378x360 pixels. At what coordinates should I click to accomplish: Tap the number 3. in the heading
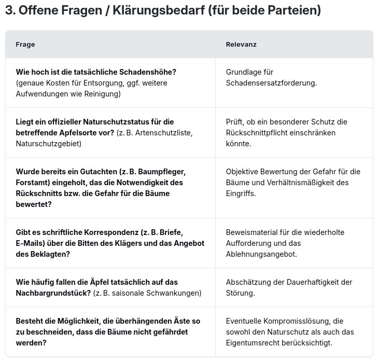pyautogui.click(x=10, y=11)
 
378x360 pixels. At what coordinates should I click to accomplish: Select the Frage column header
pyautogui.click(x=25, y=45)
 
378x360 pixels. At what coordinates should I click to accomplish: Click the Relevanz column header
pyautogui.click(x=241, y=45)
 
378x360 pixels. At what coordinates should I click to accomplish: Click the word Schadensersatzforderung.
pyautogui.click(x=271, y=82)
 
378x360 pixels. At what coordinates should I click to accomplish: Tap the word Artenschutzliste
pyautogui.click(x=163, y=132)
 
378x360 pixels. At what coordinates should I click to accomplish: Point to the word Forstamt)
pyautogui.click(x=35, y=182)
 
